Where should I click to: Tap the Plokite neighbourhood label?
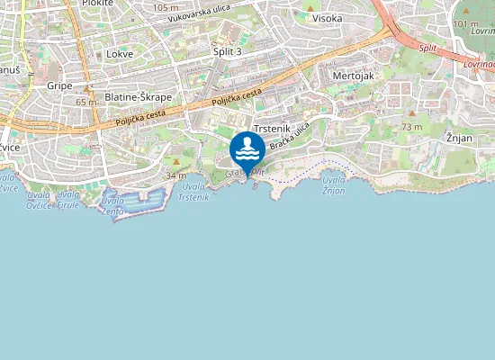(96, 4)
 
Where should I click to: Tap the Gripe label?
(59, 85)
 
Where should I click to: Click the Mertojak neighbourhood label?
(353, 76)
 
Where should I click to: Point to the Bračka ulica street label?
(293, 135)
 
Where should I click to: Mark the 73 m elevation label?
(412, 128)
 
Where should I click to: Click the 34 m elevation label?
(176, 175)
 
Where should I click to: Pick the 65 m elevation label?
(86, 103)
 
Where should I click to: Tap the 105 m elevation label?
(166, 7)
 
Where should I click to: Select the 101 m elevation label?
(466, 23)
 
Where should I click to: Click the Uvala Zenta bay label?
(112, 204)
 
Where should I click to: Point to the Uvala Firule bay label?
(68, 199)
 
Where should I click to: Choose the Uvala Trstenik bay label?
(193, 191)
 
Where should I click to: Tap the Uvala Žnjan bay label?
(333, 185)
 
